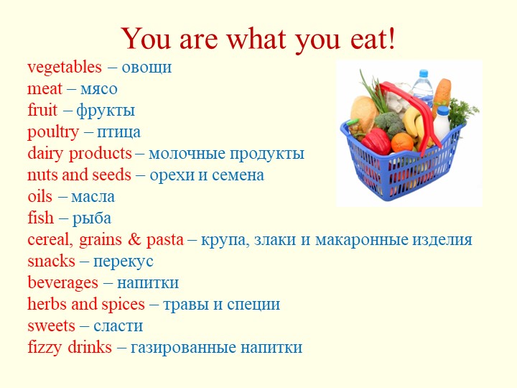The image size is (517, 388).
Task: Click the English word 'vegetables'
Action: pyautogui.click(x=65, y=68)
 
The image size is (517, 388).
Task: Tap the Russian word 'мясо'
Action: pyautogui.click(x=98, y=89)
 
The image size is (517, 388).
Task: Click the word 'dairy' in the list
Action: pyautogui.click(x=46, y=154)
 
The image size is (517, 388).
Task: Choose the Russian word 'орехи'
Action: pyautogui.click(x=171, y=175)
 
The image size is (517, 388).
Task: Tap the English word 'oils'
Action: pyautogui.click(x=40, y=197)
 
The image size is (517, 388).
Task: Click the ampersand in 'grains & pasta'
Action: pyautogui.click(x=136, y=240)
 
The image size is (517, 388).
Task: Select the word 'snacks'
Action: pyautogui.click(x=51, y=262)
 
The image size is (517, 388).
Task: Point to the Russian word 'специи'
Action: pyautogui.click(x=256, y=305)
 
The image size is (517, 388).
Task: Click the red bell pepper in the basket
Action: pyautogui.click(x=375, y=139)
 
